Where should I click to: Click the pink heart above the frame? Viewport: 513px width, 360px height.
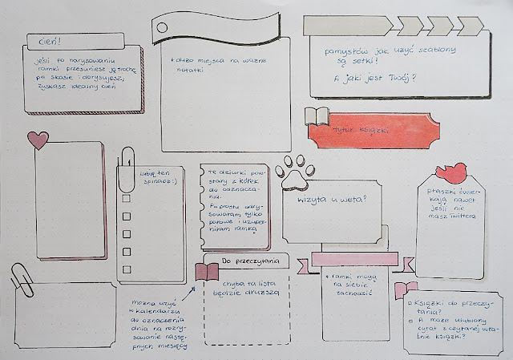point(38,140)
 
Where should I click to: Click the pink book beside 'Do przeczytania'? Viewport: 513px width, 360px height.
point(207,271)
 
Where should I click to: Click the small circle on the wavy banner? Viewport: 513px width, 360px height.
point(164,27)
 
